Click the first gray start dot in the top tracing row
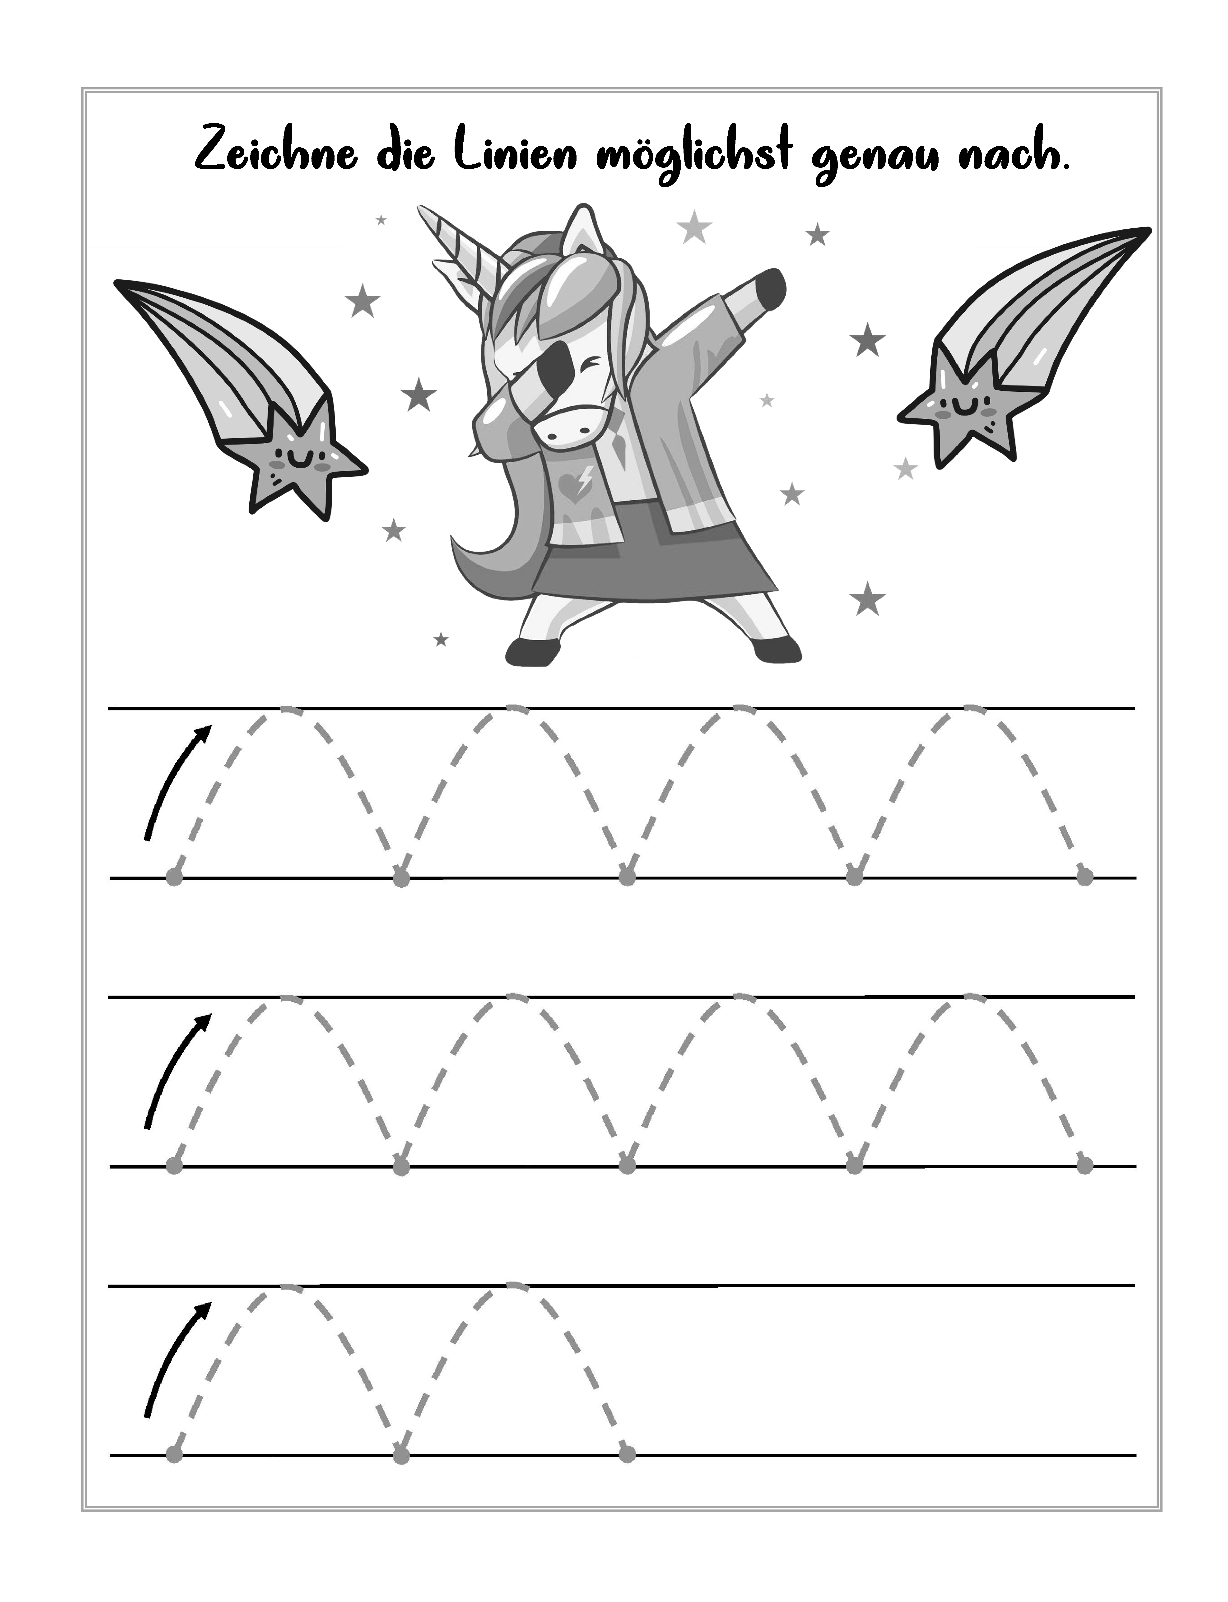point(174,877)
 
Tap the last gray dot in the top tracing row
point(1085,877)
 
